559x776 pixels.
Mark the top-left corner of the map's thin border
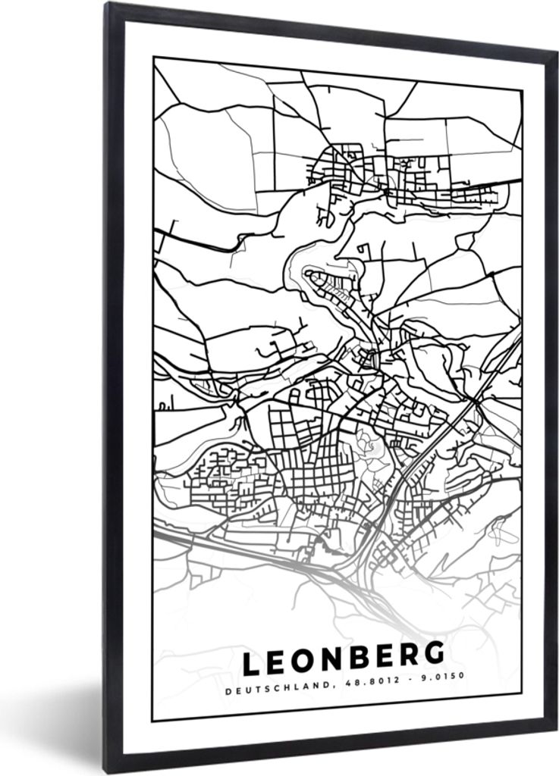click(153, 58)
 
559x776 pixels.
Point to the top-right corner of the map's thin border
click(522, 90)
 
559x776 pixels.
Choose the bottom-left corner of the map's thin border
click(153, 720)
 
